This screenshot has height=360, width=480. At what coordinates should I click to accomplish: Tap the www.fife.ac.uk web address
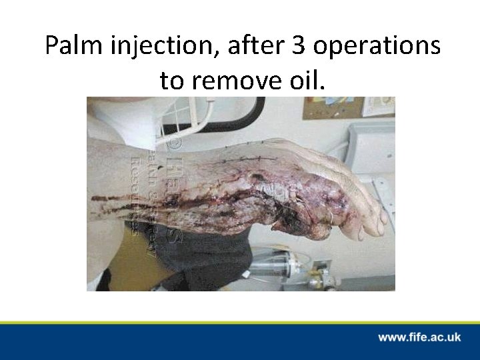click(x=419, y=337)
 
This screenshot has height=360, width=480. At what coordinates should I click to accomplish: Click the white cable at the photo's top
click(x=210, y=110)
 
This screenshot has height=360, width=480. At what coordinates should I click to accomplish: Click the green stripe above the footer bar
click(x=240, y=322)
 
